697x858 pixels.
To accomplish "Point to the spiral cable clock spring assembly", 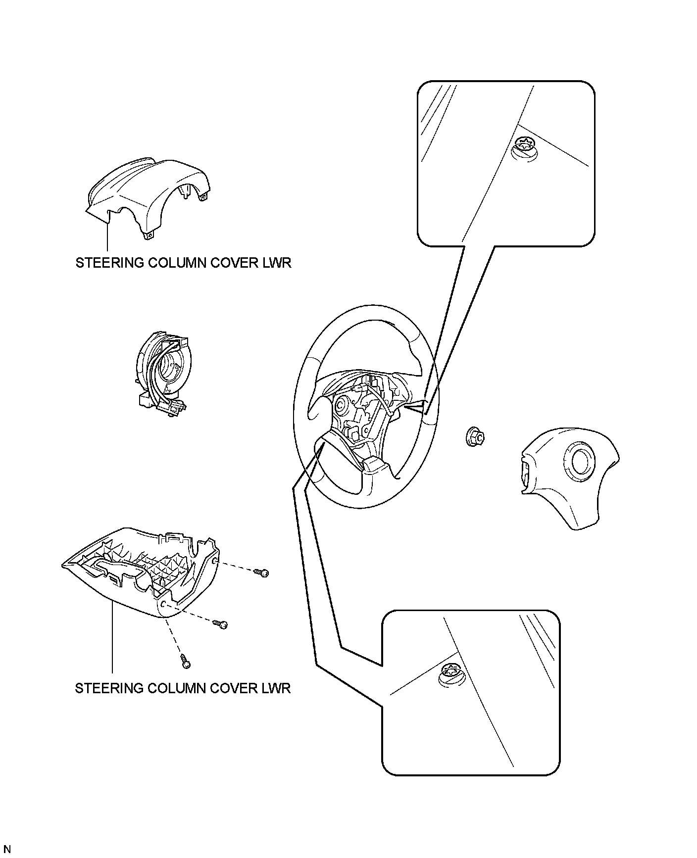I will [x=161, y=371].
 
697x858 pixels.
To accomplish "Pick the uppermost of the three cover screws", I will [x=262, y=572].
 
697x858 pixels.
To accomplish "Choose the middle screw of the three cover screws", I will [x=221, y=624].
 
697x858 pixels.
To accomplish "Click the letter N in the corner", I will [x=7, y=850].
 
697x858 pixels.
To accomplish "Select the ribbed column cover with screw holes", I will [x=144, y=574].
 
